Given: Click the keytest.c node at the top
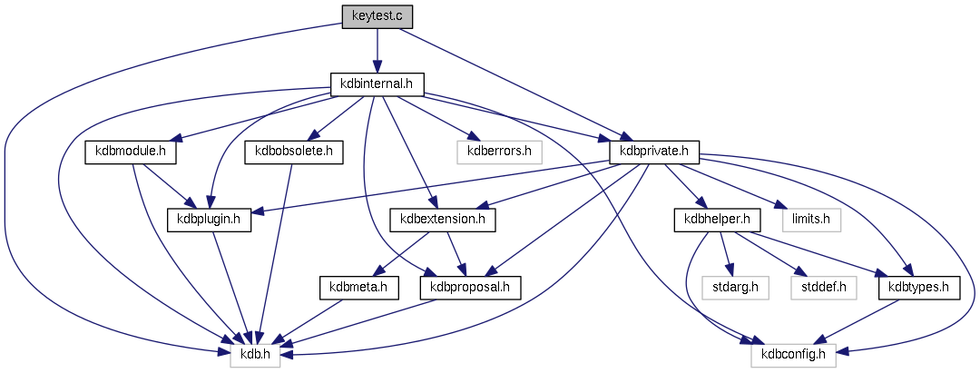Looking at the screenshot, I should point(376,16).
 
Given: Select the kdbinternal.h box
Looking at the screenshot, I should point(376,84).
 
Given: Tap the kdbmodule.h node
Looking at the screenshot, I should point(129,152).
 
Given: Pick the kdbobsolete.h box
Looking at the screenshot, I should point(294,152).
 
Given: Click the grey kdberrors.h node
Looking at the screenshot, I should point(499,152).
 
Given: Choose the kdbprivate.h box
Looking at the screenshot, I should point(653,152).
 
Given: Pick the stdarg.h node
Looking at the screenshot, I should point(735,288).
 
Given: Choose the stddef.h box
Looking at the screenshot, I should point(824,288).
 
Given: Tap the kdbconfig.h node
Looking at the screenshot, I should point(794,355).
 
